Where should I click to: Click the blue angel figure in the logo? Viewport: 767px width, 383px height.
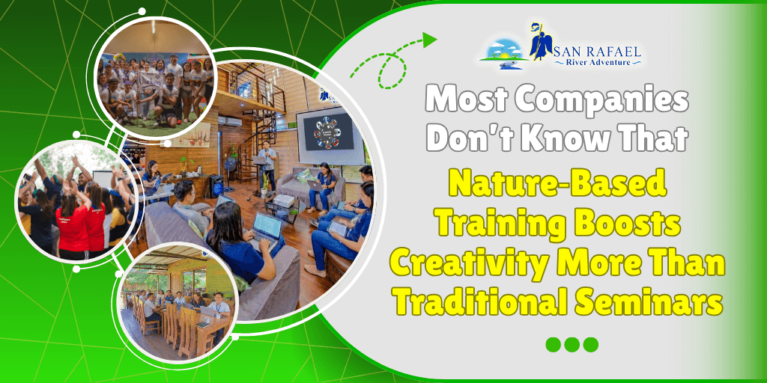pos(541,43)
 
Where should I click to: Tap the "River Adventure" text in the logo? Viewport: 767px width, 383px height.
pos(598,62)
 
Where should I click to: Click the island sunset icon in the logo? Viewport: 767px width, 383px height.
pos(504,55)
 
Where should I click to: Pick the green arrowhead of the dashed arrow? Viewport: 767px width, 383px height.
pos(430,40)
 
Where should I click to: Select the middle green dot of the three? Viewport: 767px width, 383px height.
pos(572,344)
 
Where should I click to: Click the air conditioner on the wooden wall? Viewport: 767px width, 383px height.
pos(230,120)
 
